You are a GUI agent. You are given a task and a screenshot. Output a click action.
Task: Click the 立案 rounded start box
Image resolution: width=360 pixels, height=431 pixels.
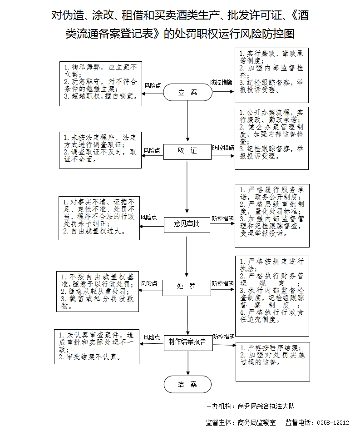[x=187, y=93]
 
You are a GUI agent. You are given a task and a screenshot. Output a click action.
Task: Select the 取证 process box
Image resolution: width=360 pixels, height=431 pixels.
[x=187, y=151]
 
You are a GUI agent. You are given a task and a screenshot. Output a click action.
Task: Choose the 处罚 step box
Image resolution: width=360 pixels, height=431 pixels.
[x=187, y=286]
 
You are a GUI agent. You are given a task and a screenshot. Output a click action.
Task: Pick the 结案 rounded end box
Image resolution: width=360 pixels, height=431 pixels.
[x=187, y=384]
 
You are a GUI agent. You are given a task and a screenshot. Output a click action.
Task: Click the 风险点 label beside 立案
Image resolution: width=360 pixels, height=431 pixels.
[x=153, y=85]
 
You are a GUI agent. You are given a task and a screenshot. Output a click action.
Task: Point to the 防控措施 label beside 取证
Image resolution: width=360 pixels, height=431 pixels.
[x=223, y=148]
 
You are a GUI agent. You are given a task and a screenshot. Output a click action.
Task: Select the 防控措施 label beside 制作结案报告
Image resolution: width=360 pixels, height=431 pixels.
[x=223, y=337]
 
